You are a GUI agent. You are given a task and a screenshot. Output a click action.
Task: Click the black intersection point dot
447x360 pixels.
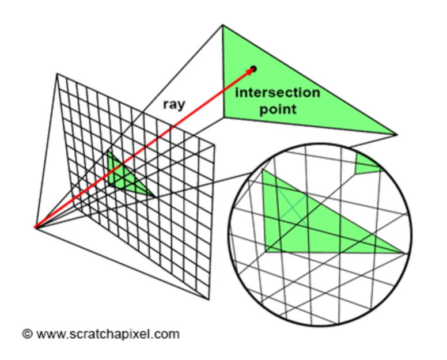254,69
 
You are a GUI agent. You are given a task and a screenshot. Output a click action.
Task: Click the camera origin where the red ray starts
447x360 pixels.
35,226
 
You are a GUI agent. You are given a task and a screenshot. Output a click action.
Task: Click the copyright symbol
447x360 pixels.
26,334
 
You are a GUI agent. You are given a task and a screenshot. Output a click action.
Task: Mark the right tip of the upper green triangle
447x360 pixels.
397,135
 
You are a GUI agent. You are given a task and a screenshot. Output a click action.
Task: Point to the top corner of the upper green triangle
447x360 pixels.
223,25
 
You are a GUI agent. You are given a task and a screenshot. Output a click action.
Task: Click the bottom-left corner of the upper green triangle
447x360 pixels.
224,113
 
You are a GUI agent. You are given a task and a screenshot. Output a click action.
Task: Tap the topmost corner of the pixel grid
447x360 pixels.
56,73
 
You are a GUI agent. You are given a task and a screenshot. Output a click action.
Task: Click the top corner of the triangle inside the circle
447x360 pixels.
264,170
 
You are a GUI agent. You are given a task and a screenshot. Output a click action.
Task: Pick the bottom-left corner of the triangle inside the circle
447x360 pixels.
265,251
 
